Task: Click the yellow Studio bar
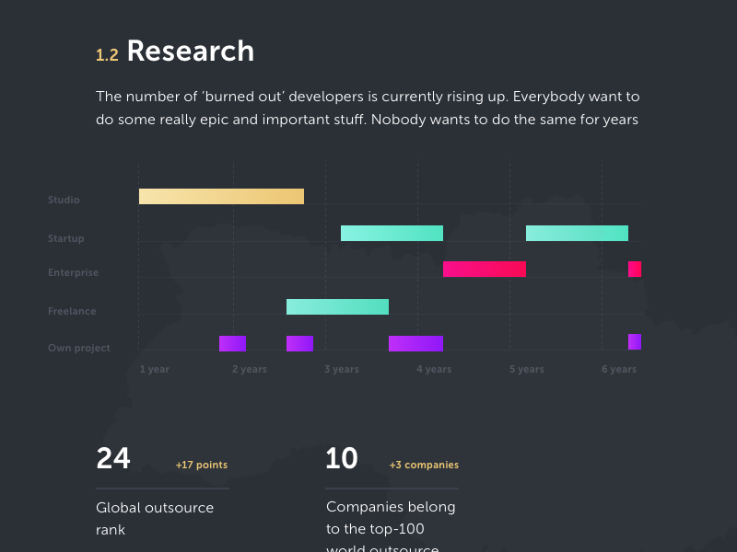(x=221, y=196)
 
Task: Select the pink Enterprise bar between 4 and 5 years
(x=485, y=269)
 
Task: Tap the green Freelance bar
(x=337, y=306)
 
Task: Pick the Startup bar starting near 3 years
(x=392, y=233)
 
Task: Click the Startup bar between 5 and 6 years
(x=577, y=233)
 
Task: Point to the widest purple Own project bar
(x=415, y=343)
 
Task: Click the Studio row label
(x=64, y=200)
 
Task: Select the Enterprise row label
(x=73, y=272)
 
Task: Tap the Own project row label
(x=78, y=348)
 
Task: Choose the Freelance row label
(x=72, y=311)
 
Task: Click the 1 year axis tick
(x=155, y=369)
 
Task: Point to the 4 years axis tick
(x=434, y=369)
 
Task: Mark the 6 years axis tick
(x=619, y=369)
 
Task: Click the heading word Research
(x=190, y=51)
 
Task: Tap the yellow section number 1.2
(x=107, y=55)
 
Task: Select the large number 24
(x=113, y=458)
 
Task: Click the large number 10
(x=342, y=458)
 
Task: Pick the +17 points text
(x=201, y=465)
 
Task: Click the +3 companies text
(x=424, y=465)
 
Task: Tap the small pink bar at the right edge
(x=635, y=269)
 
